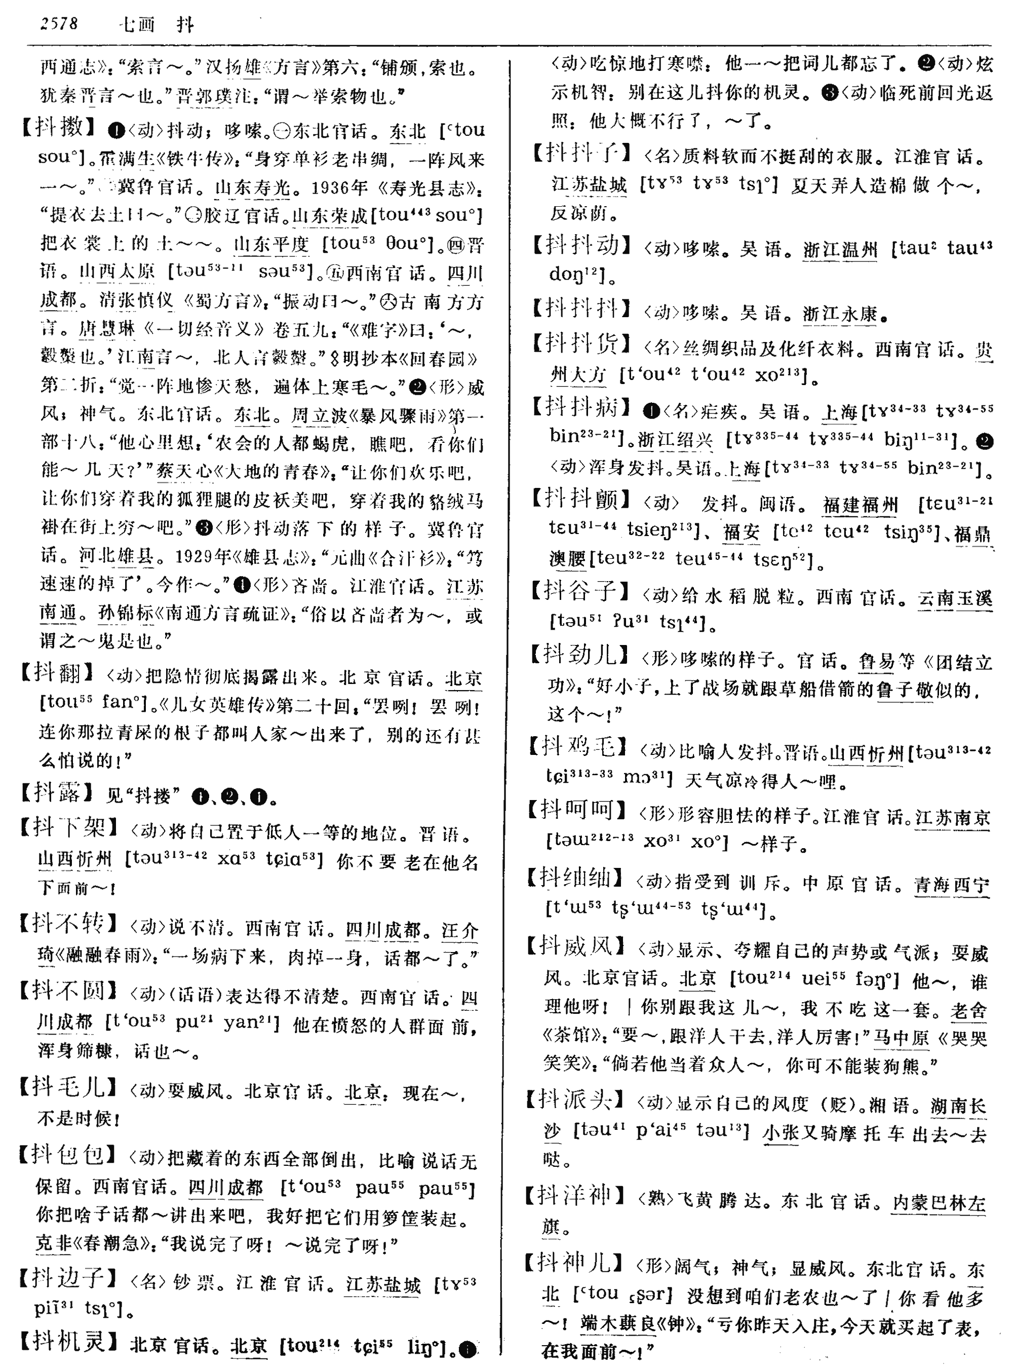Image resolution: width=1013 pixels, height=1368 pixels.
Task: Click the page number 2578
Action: coord(59,24)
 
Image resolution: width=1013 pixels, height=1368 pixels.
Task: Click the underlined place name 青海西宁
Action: coord(951,885)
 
